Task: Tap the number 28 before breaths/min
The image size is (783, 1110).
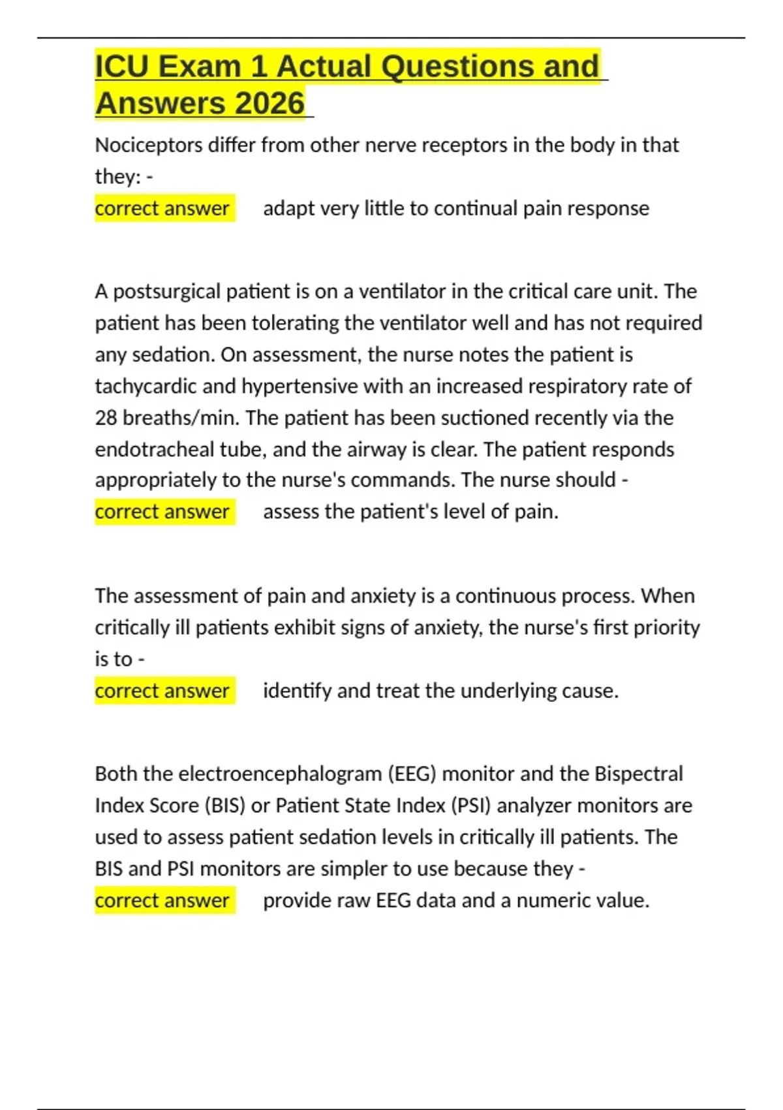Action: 106,418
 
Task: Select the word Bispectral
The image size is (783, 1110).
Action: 638,774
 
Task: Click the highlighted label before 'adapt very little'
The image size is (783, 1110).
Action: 162,208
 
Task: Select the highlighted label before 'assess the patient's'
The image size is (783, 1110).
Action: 162,511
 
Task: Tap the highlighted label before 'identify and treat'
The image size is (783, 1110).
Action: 162,691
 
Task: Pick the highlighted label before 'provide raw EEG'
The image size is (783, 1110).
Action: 162,900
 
